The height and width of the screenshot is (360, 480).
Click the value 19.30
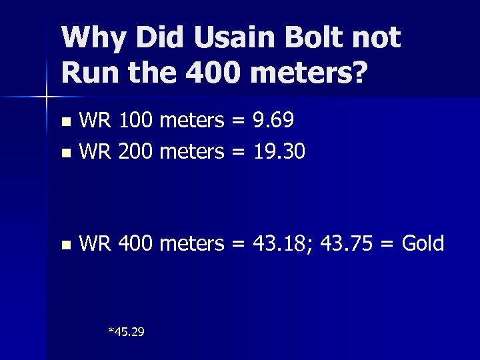(279, 153)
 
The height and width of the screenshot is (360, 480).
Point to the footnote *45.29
(126, 331)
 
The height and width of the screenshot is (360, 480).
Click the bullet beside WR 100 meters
(65, 122)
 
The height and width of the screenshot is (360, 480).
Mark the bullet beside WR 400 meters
(65, 245)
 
